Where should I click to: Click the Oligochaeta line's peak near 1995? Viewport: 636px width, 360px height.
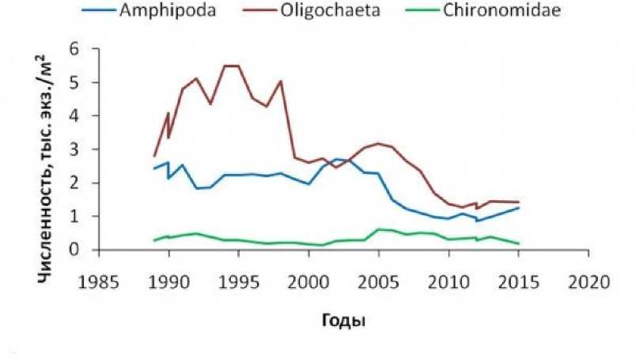pyautogui.click(x=231, y=66)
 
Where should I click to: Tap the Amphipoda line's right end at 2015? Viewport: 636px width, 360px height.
pyautogui.click(x=519, y=207)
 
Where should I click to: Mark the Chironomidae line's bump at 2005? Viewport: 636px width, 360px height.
pyautogui.click(x=379, y=229)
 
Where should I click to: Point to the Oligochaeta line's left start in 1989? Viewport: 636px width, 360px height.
pyautogui.click(x=153, y=156)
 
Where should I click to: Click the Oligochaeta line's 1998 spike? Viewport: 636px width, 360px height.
pyautogui.click(x=281, y=81)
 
